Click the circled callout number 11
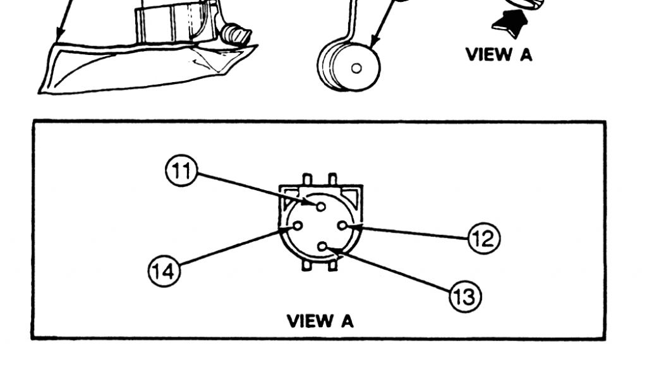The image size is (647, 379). (181, 171)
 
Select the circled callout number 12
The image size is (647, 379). (483, 238)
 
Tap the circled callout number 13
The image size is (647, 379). (464, 296)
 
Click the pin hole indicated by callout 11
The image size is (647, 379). (321, 206)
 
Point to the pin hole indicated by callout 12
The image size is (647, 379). (342, 225)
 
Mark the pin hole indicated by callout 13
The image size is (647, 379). (322, 247)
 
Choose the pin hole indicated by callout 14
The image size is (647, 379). (298, 225)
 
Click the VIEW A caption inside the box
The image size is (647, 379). (320, 321)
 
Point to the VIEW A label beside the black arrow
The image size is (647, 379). (499, 54)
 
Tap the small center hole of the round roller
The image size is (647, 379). (356, 68)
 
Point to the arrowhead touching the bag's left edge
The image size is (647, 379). (59, 37)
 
